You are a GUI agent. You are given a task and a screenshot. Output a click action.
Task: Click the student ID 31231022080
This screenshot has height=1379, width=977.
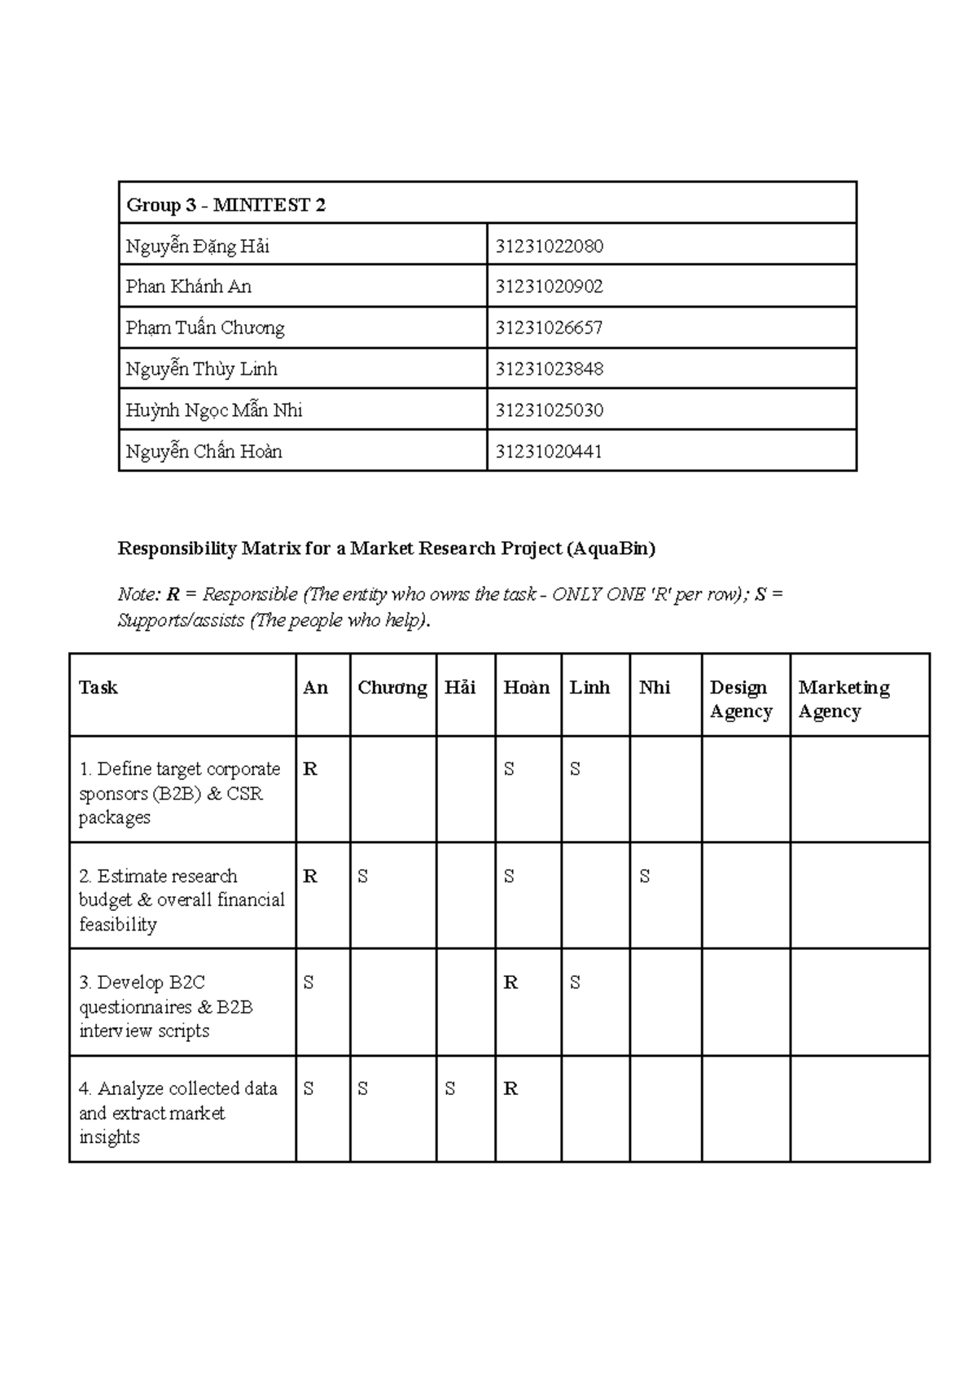550,246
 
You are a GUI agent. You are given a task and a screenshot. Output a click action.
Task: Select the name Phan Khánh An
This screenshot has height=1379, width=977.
189,287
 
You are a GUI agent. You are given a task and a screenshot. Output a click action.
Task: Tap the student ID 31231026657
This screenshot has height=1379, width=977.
550,328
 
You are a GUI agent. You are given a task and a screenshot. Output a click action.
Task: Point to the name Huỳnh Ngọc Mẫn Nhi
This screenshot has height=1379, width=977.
214,410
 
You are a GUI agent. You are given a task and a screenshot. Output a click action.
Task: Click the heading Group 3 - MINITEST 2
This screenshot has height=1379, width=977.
226,205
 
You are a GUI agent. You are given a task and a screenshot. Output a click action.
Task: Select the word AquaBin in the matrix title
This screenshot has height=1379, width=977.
611,549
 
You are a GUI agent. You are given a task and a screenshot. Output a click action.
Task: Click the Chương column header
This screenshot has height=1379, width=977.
392,688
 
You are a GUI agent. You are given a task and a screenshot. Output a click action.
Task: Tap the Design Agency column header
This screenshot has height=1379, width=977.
741,699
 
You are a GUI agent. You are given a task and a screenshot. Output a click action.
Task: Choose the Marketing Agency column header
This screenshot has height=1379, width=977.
843,699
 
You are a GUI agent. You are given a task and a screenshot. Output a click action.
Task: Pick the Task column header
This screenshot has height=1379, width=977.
99,688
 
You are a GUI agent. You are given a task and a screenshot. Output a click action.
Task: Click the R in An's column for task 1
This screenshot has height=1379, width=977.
310,769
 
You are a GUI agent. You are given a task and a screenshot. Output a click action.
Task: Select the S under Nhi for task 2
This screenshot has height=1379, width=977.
645,877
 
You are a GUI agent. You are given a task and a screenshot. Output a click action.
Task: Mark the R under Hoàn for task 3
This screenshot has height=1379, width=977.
510,983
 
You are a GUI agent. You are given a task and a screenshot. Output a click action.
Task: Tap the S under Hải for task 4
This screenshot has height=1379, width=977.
450,1089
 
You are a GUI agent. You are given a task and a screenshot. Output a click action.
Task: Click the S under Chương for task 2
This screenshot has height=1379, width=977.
363,877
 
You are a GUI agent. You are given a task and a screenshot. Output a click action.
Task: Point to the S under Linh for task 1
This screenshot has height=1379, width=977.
575,769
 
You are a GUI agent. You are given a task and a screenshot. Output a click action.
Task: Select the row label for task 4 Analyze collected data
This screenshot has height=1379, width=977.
178,1112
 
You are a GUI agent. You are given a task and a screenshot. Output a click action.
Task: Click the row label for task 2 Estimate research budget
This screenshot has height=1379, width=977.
182,900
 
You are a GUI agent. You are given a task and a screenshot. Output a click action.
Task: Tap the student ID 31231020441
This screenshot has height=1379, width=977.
550,452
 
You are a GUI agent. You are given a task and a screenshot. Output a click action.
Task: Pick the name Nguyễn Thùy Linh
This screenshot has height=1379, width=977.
202,370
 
